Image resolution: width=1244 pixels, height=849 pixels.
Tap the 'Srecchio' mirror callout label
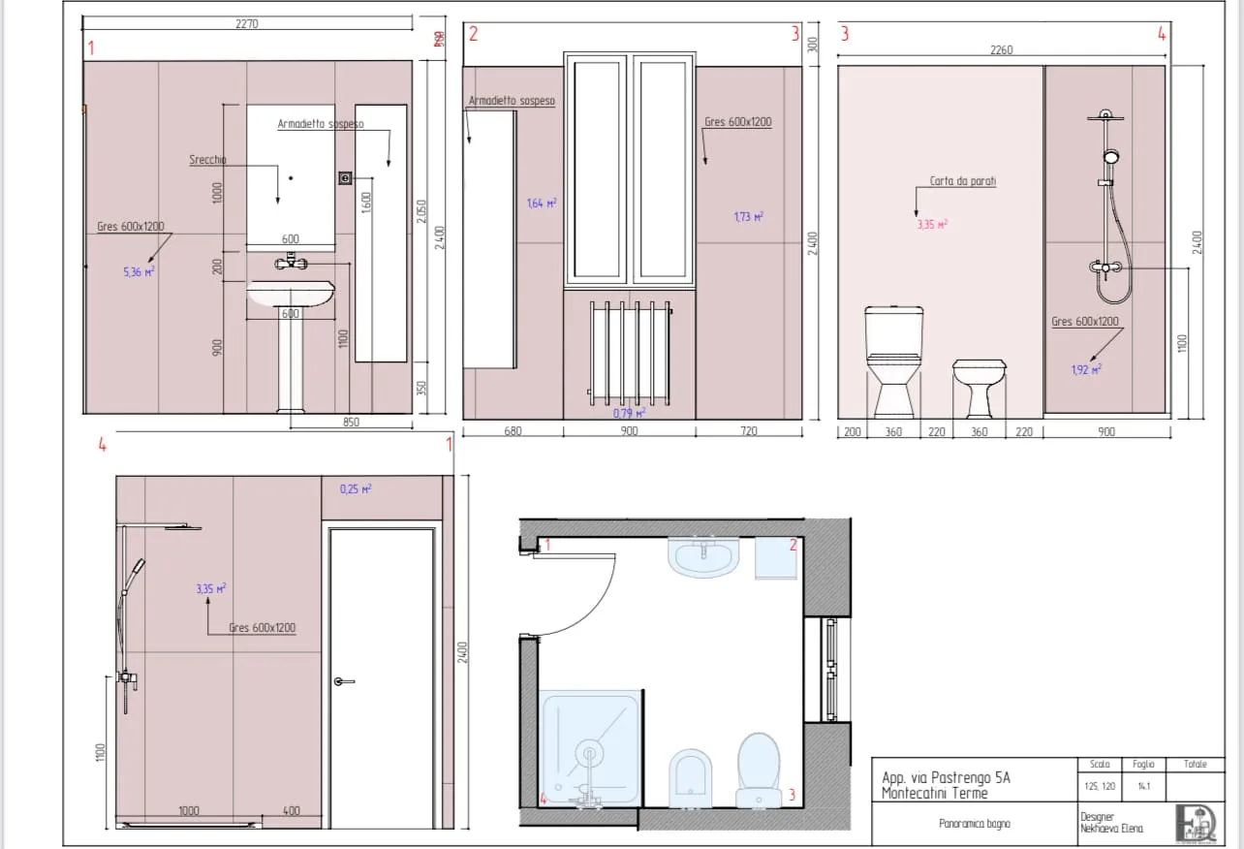207,160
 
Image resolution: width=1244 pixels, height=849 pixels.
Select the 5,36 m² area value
139,272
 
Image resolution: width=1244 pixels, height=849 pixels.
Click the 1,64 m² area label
541,204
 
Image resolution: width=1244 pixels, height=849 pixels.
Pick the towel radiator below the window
630,351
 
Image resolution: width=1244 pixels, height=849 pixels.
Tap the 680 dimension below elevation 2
513,431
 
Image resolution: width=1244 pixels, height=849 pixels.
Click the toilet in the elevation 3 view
893,359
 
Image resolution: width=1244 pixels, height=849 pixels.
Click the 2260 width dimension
1001,50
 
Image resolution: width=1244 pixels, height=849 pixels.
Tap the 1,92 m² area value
1085,369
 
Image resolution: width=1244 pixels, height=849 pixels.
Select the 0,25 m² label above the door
356,489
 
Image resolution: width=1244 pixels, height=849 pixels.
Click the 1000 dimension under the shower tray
190,810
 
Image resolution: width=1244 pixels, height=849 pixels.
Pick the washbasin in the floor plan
704,557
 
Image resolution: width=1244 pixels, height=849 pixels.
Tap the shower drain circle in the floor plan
588,753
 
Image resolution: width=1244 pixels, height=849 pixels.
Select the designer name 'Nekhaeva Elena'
1111,829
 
